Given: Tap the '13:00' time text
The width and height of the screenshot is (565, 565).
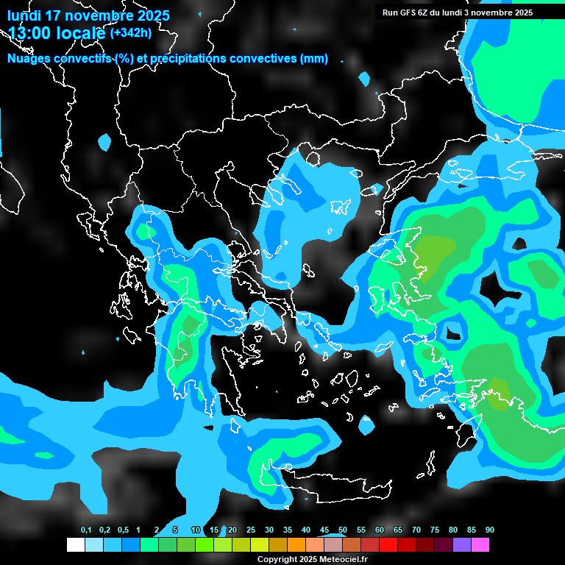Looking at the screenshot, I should [x=29, y=33].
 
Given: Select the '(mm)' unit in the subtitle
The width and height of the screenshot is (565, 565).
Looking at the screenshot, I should [x=314, y=59].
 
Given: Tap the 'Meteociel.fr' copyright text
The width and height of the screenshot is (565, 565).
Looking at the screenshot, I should [x=340, y=559].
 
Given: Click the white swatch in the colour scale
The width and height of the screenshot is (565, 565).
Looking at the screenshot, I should [x=76, y=545].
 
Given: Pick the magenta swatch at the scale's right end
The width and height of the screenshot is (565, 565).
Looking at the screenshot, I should [x=480, y=545].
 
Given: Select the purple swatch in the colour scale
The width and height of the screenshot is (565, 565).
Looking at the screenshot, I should [x=462, y=545].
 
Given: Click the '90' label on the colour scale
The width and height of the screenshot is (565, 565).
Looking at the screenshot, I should [x=490, y=530].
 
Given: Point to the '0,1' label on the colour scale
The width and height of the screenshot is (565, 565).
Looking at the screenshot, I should [x=86, y=530].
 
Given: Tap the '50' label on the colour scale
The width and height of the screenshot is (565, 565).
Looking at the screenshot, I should [x=343, y=530].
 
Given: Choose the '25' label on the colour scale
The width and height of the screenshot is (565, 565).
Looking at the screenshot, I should [x=251, y=530].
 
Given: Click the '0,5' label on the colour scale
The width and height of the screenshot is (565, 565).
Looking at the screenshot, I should [x=123, y=530].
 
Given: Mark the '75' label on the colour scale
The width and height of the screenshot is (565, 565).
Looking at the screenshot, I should [x=435, y=530].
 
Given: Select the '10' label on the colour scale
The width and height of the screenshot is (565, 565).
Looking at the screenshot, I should [x=196, y=530].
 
